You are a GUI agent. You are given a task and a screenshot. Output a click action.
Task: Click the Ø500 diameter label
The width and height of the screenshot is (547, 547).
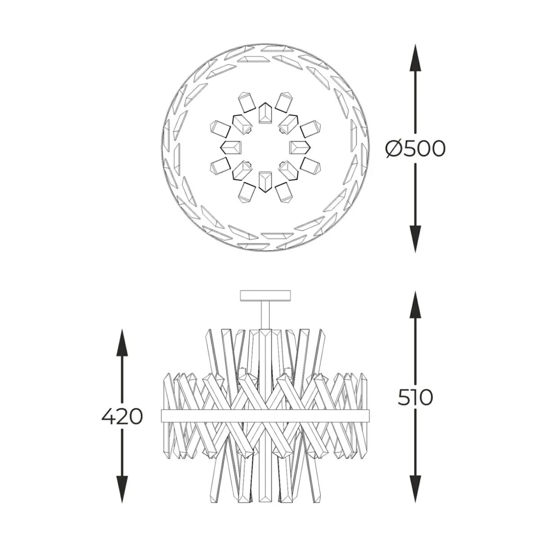(415, 149)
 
